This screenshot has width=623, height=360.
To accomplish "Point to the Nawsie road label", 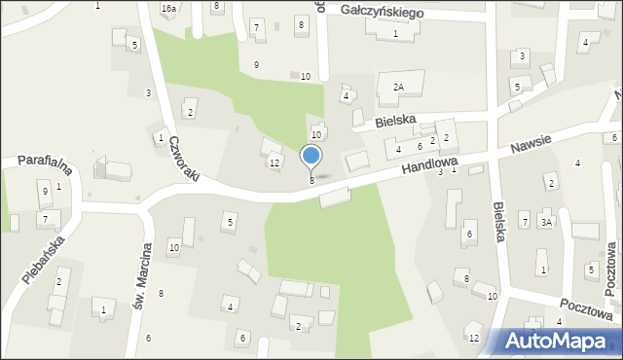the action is pos(530,145).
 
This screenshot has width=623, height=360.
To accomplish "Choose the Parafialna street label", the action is pos(38,161).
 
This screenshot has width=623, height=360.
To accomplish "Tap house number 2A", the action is pos(397,88).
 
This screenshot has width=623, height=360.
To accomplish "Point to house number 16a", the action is pos(168,8).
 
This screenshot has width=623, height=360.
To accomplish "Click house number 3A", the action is pos(547,222).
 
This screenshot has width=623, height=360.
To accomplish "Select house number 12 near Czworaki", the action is pos(275,162).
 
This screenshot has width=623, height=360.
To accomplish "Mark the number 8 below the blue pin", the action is pos(311,180).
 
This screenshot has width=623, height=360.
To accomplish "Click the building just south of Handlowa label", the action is pos(334,198).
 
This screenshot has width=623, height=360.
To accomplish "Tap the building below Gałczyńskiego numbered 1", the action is pos(388,26).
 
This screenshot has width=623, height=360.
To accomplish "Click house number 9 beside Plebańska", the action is pos(45,191).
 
